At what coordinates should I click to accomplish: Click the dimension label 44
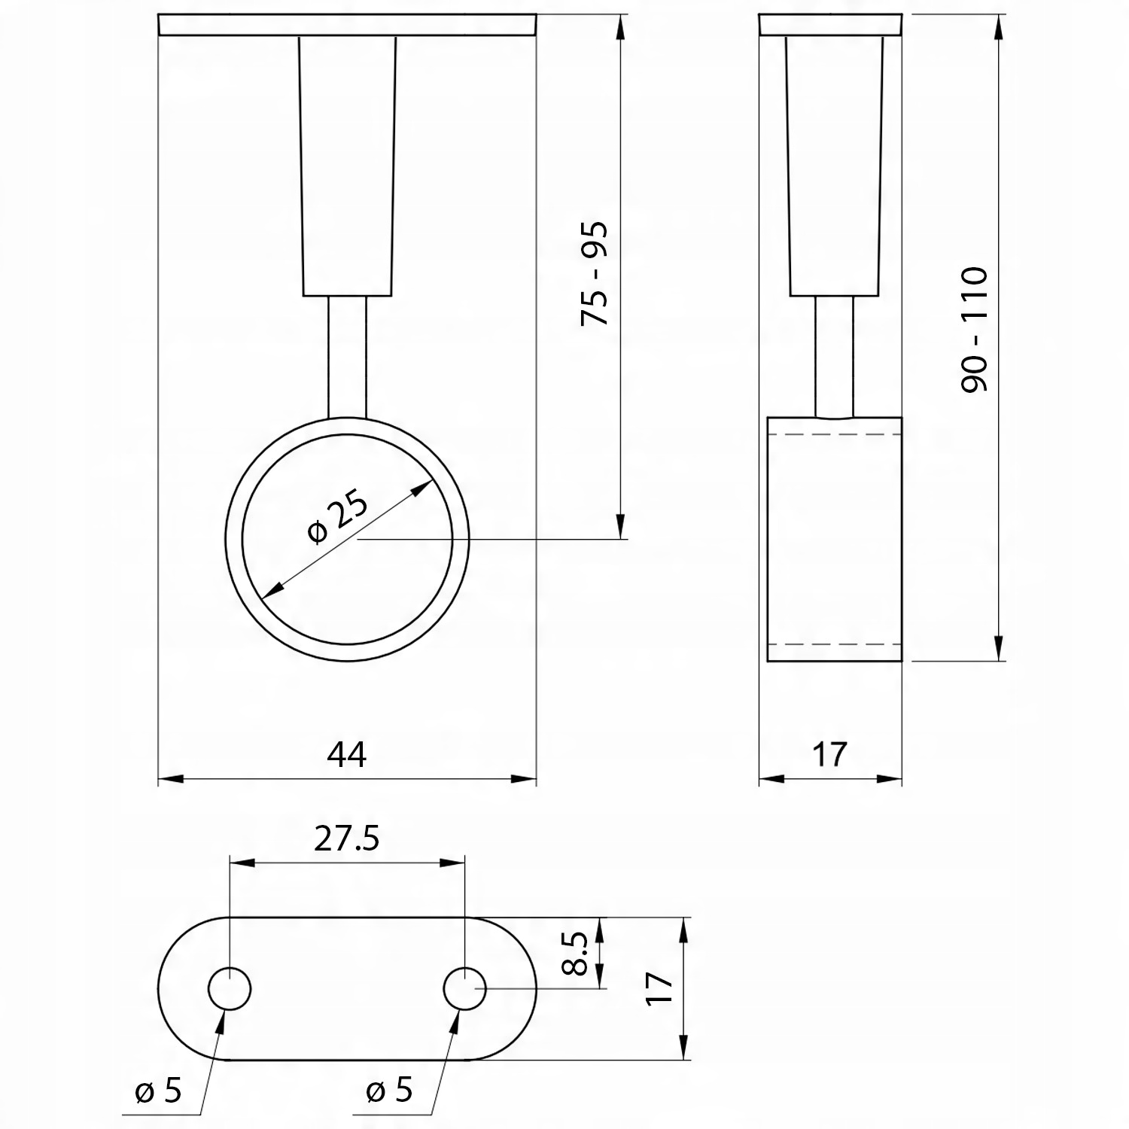point(347,754)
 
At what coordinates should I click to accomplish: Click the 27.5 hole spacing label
point(347,838)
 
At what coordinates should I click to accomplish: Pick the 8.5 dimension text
point(575,953)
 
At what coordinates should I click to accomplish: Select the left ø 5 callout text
point(158,1091)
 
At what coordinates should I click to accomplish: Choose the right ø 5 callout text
point(390,1091)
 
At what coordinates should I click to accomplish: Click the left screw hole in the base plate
point(230,988)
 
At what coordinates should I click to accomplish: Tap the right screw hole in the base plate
point(465,988)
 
